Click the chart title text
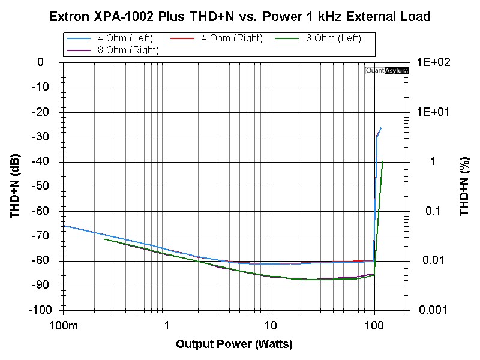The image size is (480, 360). (240, 16)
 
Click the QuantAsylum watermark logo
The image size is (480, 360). (387, 71)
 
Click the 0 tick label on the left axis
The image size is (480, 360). (40, 62)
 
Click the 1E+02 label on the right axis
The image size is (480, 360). (434, 62)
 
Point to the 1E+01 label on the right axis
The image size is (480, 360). (434, 112)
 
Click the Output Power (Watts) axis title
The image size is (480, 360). (234, 344)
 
